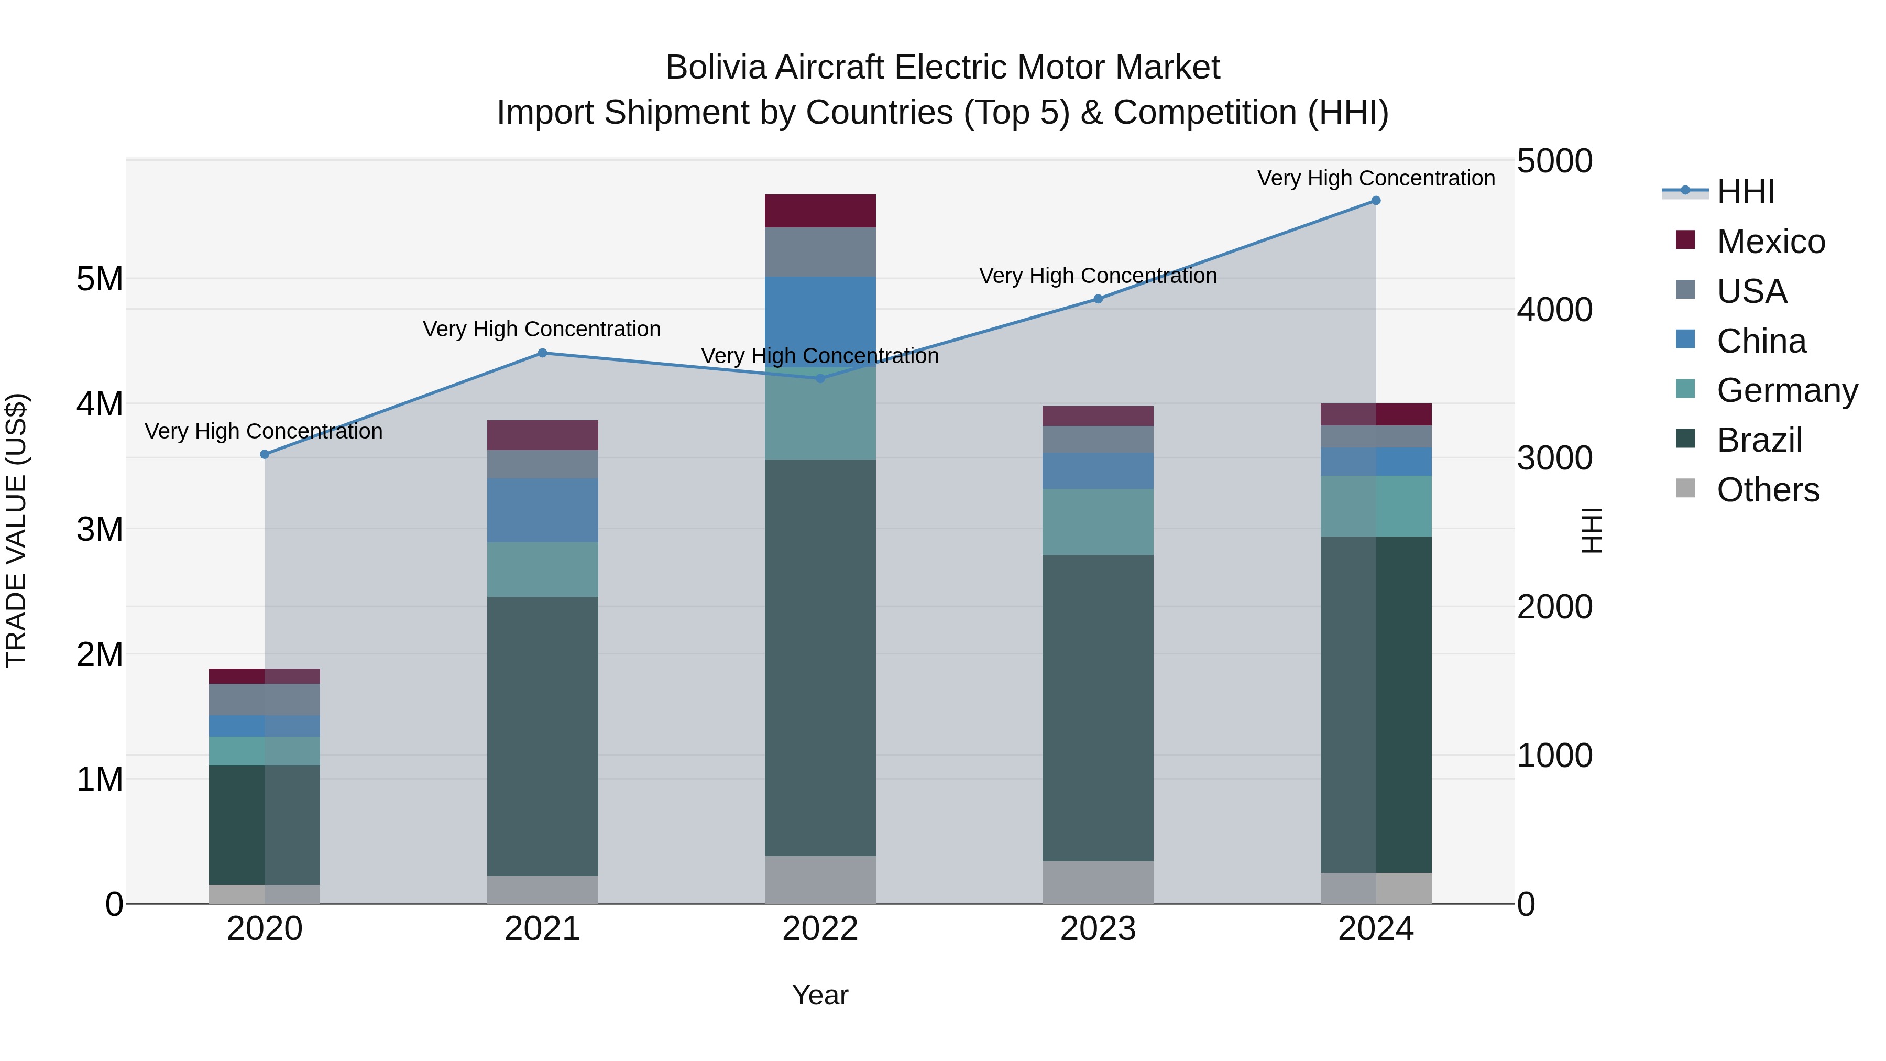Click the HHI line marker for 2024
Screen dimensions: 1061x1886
(1376, 201)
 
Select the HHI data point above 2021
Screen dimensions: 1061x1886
(543, 353)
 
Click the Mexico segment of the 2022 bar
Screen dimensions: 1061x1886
(820, 211)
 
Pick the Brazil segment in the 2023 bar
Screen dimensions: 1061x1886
(1098, 707)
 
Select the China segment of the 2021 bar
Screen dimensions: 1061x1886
(543, 510)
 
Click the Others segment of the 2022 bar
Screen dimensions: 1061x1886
(820, 879)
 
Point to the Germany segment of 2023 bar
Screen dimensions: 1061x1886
(1098, 521)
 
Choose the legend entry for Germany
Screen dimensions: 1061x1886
(1786, 390)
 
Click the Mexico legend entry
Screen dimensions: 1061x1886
(1770, 242)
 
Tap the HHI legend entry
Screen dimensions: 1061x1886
(1746, 192)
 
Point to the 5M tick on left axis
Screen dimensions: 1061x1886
(100, 279)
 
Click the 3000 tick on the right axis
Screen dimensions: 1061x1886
(1554, 458)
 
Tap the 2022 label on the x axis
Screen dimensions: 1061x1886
(820, 929)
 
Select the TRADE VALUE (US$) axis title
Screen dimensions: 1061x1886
(16, 530)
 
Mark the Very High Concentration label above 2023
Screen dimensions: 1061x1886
(1098, 276)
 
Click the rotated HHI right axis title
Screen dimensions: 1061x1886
(1592, 530)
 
